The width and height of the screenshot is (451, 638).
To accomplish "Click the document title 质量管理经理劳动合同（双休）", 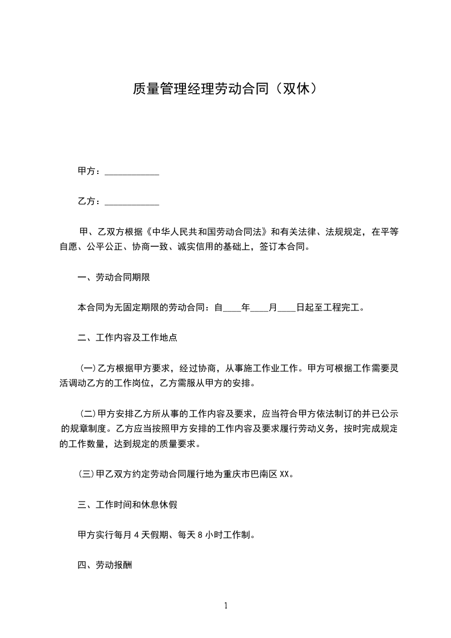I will [225, 89].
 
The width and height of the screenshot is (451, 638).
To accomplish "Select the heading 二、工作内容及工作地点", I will [127, 337].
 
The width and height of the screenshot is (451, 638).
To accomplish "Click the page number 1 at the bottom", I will [226, 606].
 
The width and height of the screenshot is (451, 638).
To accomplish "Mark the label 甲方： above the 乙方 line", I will [90, 171].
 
